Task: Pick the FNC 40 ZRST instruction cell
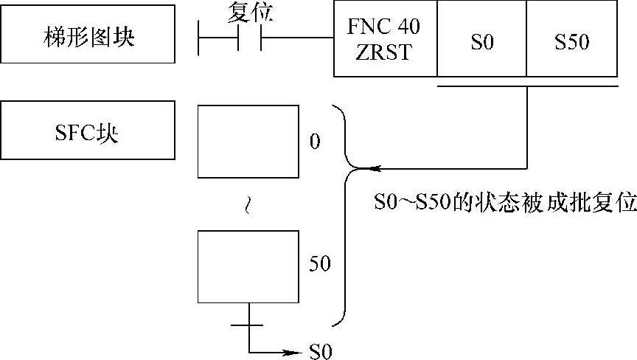click(386, 38)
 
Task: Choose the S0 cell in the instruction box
click(481, 43)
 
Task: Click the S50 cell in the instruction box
click(571, 43)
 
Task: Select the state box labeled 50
click(248, 266)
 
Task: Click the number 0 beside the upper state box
click(315, 141)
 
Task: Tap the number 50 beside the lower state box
click(319, 263)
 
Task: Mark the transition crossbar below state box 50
click(248, 324)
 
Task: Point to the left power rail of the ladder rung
click(200, 38)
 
